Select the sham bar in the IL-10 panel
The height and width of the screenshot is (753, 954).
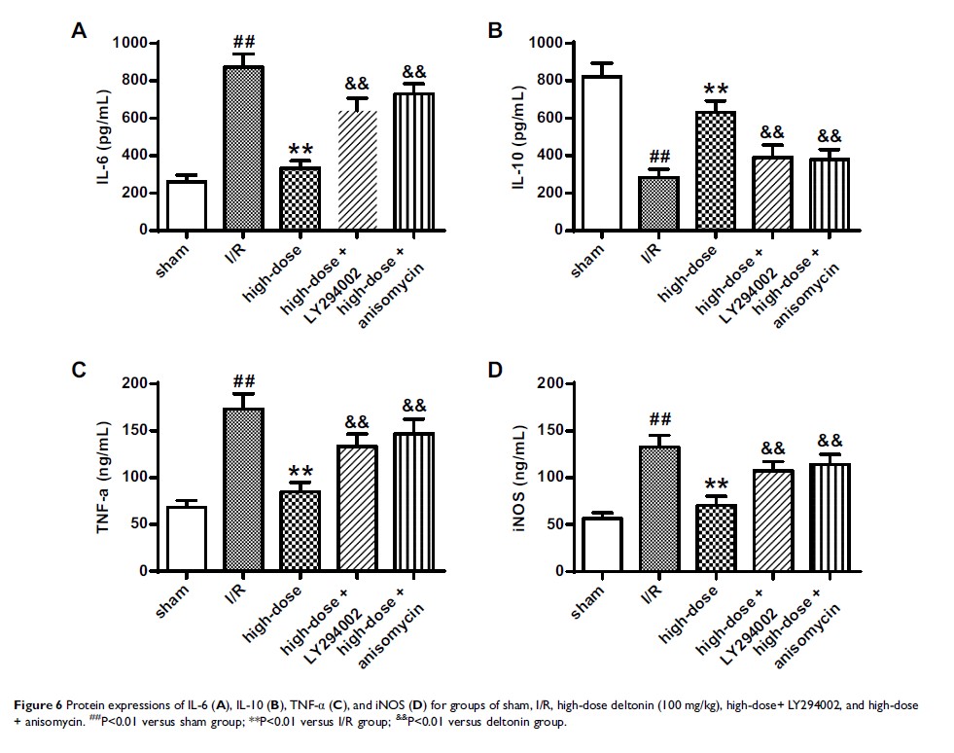click(603, 153)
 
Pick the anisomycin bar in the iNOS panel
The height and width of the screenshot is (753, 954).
click(830, 517)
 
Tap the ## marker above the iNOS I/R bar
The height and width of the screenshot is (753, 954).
click(660, 419)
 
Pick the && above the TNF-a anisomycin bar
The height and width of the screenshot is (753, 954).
click(414, 405)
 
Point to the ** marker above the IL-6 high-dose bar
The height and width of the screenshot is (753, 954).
click(301, 148)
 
